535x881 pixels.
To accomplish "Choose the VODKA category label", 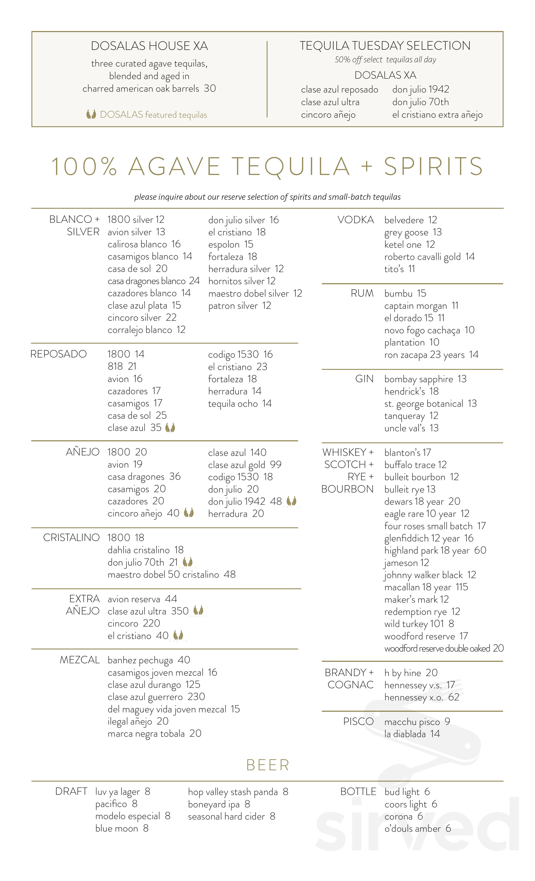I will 355,220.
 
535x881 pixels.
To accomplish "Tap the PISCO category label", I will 358,722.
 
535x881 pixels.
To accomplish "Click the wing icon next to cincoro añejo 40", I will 189,513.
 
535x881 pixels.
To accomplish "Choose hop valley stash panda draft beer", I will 233,792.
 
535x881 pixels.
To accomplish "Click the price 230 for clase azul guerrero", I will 196,697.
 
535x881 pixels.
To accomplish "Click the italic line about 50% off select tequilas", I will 385,60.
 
